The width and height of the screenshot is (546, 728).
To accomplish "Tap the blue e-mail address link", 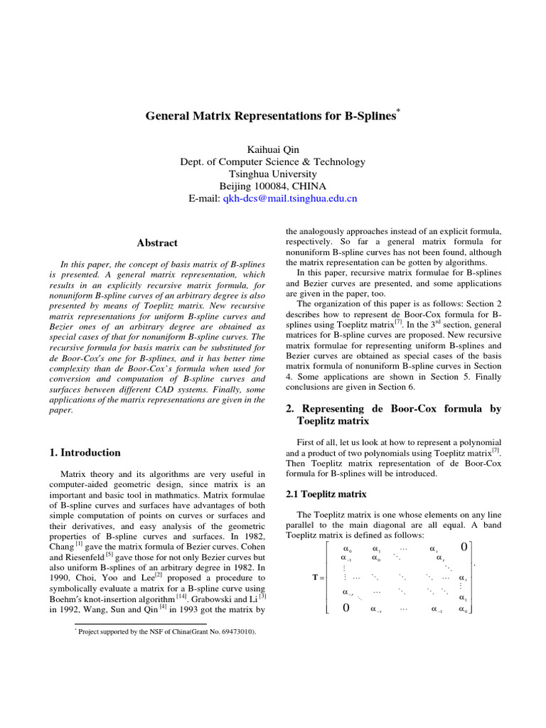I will (290, 198).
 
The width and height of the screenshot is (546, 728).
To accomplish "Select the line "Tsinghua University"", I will (273, 174).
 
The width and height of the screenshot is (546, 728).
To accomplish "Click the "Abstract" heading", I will (158, 243).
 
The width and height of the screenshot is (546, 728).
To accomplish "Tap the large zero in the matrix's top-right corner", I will (464, 547).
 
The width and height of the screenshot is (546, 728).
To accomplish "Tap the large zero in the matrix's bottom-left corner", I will (346, 608).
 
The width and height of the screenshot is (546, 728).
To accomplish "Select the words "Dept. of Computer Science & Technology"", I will (273, 162).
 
